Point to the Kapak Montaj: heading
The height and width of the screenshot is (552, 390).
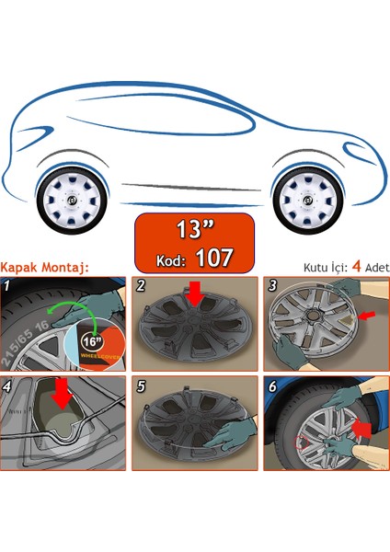(x=44, y=267)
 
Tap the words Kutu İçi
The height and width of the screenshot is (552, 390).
(x=325, y=268)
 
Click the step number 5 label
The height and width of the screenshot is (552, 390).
(x=141, y=386)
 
